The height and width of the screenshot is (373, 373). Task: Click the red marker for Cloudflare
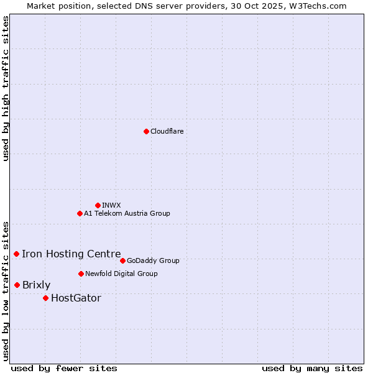pyautogui.click(x=146, y=131)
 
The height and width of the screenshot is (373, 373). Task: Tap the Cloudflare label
pyautogui.click(x=167, y=131)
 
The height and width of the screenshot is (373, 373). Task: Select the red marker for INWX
pyautogui.click(x=98, y=205)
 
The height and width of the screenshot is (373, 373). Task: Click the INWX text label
pyautogui.click(x=111, y=205)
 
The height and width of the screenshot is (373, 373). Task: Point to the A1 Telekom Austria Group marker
pyautogui.click(x=80, y=213)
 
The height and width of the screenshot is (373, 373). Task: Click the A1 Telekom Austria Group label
pyautogui.click(x=127, y=213)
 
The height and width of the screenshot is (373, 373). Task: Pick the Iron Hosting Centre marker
pyautogui.click(x=16, y=254)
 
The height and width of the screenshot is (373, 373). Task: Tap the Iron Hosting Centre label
pyautogui.click(x=71, y=254)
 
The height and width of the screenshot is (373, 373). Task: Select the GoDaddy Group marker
pyautogui.click(x=122, y=260)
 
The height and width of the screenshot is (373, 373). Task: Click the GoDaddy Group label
pyautogui.click(x=152, y=260)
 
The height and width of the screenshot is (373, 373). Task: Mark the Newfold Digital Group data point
pyautogui.click(x=81, y=274)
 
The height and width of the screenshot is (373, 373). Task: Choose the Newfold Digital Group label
pyautogui.click(x=121, y=274)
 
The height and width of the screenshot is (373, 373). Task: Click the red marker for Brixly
pyautogui.click(x=17, y=285)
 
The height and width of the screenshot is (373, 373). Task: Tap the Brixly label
pyautogui.click(x=36, y=285)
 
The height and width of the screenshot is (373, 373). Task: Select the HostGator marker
pyautogui.click(x=45, y=298)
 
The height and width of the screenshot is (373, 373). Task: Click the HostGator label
pyautogui.click(x=76, y=298)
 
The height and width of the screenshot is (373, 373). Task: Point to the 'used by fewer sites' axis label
pyautogui.click(x=64, y=368)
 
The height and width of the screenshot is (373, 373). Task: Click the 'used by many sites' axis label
pyautogui.click(x=312, y=368)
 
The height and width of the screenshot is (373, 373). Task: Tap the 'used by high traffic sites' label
pyautogui.click(x=6, y=88)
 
